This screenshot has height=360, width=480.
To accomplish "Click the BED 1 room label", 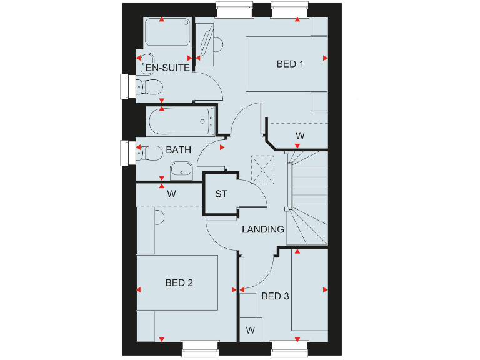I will [x=290, y=64].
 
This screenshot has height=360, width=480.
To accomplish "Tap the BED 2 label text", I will [x=179, y=283].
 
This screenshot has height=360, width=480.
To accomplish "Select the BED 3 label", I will [x=275, y=296].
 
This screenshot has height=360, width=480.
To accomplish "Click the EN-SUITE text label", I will [x=167, y=67].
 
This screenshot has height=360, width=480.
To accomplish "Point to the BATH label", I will [x=178, y=150].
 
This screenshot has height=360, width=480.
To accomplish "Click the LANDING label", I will [x=263, y=229].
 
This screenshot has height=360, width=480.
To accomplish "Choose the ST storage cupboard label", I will [x=221, y=194].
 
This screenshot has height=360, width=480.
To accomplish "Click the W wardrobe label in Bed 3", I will [x=251, y=329].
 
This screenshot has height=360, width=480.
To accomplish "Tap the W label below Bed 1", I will [x=300, y=136].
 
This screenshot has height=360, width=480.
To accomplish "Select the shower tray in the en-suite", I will [x=167, y=32].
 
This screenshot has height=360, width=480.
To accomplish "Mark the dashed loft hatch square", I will [x=262, y=169].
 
